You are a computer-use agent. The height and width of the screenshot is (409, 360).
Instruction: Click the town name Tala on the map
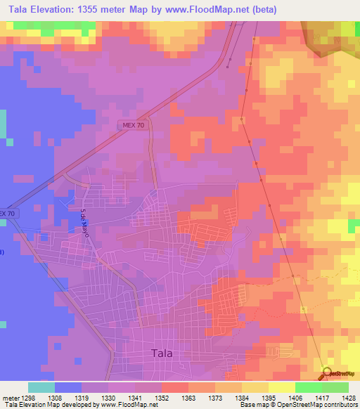click(x=162, y=353)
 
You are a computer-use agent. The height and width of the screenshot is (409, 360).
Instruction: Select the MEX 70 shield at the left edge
click(x=6, y=213)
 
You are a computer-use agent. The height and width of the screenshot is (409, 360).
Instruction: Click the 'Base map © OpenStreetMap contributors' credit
click(x=297, y=405)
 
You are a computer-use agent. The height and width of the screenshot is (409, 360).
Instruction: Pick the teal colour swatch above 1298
click(x=41, y=387)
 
